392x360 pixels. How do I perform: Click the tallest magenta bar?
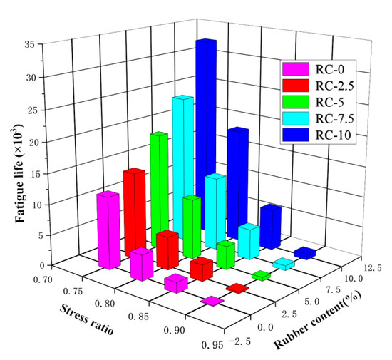coord(108,228)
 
